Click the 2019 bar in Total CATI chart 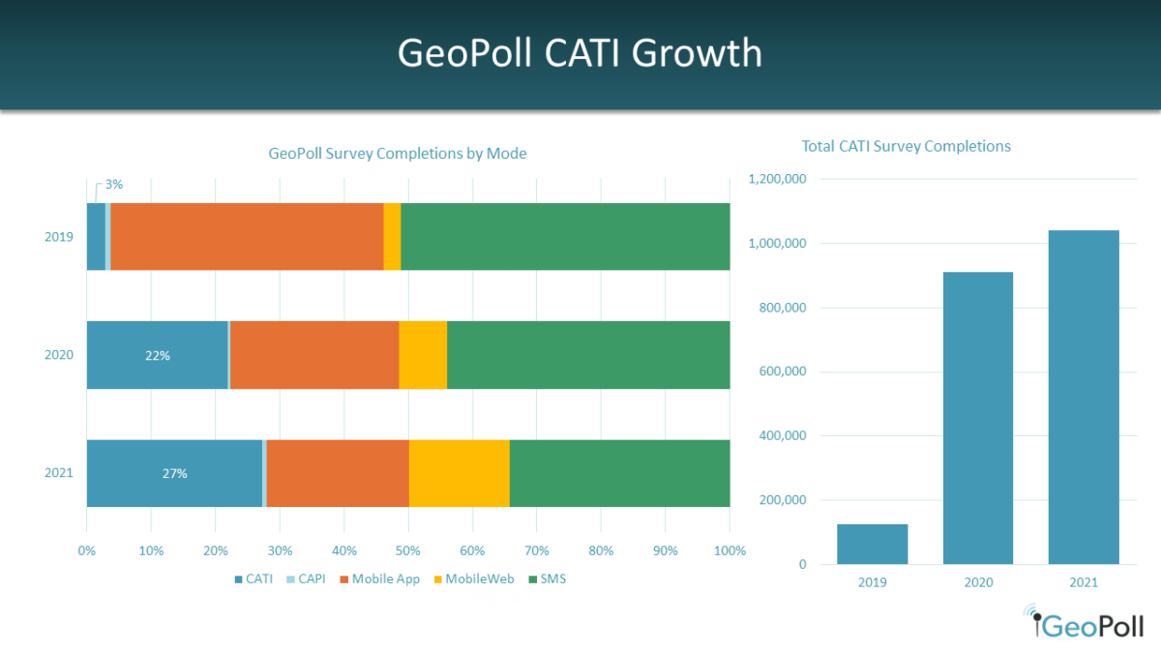(872, 544)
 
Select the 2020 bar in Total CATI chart (977, 418)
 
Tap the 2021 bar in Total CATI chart (1084, 397)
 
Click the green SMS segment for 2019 (565, 236)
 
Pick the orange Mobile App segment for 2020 (314, 355)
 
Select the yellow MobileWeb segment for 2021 (459, 473)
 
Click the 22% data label (158, 356)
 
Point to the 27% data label (174, 474)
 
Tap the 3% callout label (113, 184)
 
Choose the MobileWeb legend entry (475, 579)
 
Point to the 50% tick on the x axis (408, 551)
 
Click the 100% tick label (729, 551)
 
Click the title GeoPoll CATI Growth (580, 53)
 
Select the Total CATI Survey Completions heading (906, 146)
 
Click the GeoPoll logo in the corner (1083, 624)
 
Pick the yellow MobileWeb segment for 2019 (392, 236)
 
